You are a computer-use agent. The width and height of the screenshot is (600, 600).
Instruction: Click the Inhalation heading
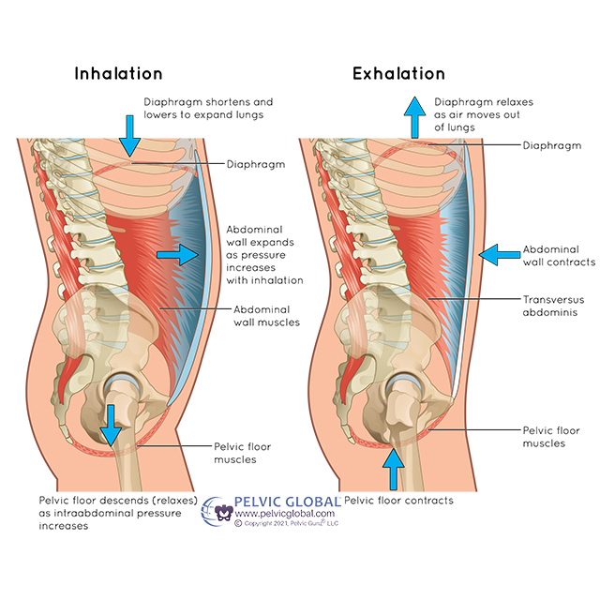point(119,74)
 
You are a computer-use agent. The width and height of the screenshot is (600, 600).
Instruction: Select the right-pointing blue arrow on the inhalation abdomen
point(178,254)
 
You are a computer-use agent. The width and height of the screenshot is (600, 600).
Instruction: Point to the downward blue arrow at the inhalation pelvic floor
point(112,425)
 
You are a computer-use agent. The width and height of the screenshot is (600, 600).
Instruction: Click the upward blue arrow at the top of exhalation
point(413,117)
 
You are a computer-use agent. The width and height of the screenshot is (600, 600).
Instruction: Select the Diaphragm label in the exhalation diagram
point(552,145)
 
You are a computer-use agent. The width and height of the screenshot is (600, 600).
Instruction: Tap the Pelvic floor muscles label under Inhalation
point(233,454)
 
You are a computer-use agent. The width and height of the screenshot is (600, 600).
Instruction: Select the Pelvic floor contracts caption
point(399,500)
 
